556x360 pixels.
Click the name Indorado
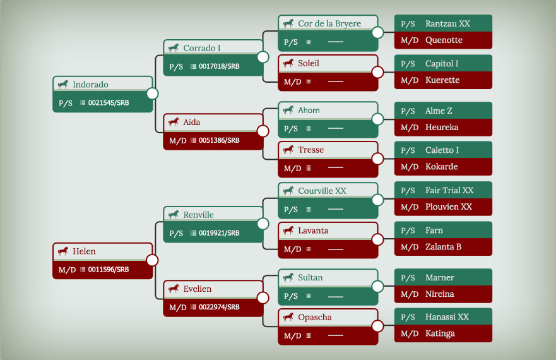point(90,85)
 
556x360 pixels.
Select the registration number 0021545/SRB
point(109,102)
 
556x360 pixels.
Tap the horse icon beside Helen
point(63,251)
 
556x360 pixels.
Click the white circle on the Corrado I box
point(263,57)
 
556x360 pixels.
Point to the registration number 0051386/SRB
point(219,140)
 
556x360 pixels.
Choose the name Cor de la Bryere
point(329,23)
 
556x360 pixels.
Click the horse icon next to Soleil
point(288,63)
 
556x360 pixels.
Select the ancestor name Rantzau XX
point(447,23)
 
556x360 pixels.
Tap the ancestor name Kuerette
point(442,80)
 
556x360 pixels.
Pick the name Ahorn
point(309,111)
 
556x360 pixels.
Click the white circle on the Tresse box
point(377,159)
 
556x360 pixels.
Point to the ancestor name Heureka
point(442,127)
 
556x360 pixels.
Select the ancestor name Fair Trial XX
point(449,190)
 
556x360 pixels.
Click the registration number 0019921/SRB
point(219,233)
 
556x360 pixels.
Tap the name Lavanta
point(313,231)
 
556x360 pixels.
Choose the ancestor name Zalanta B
point(443,247)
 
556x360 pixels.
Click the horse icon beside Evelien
point(174,289)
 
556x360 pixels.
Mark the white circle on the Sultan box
point(377,286)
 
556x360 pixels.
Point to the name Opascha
point(314,318)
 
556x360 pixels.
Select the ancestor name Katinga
point(440,333)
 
